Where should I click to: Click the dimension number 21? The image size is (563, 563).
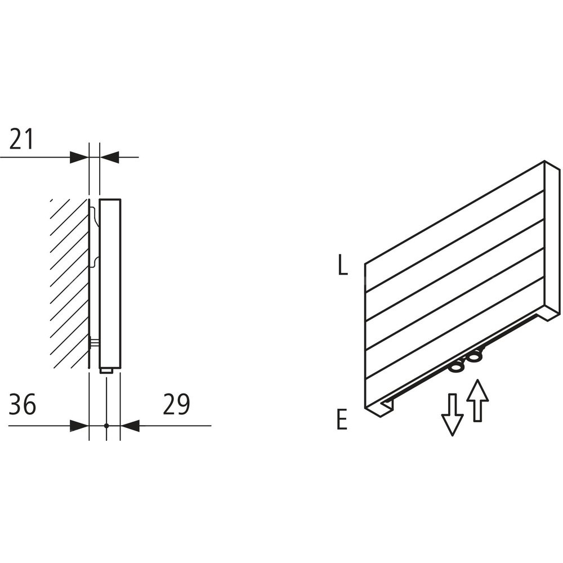(21, 139)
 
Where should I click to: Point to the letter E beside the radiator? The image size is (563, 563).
(342, 421)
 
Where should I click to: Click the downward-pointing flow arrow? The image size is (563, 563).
(453, 415)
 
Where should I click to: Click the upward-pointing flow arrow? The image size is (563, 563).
(477, 400)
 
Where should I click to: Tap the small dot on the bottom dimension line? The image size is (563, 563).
(106, 426)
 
